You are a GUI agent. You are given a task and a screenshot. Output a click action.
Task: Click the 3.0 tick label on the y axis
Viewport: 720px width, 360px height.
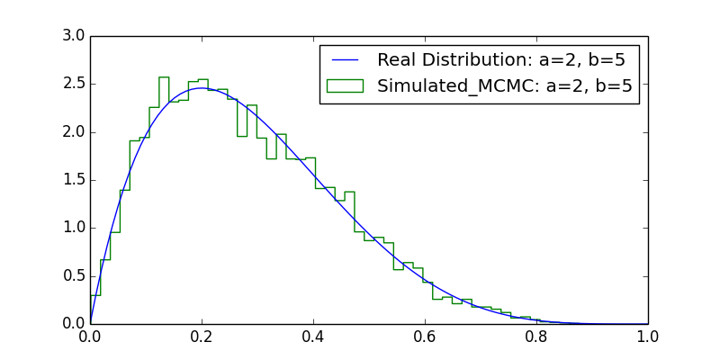(73, 36)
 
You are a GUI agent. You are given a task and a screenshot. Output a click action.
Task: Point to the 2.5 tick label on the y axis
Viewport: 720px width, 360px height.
(73, 84)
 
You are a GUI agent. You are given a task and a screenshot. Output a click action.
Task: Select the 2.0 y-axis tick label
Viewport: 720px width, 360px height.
(73, 132)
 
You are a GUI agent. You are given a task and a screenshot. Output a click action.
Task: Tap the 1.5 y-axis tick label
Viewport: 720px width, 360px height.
(73, 180)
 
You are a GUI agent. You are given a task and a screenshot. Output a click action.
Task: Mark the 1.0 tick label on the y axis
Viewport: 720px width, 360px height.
(73, 228)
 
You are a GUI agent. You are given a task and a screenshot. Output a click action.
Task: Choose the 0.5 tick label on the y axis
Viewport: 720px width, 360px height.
(73, 275)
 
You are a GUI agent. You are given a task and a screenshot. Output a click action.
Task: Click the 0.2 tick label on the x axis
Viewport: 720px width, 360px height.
(202, 337)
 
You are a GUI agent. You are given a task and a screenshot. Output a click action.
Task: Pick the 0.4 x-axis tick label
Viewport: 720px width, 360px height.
(313, 337)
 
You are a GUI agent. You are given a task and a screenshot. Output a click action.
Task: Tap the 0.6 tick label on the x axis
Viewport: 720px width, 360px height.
(425, 337)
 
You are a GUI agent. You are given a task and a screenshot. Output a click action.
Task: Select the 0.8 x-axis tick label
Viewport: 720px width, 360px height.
(536, 337)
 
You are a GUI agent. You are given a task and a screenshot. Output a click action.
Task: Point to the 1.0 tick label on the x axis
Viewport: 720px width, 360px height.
(648, 337)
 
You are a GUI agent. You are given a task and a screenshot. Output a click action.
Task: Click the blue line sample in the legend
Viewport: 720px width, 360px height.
(345, 61)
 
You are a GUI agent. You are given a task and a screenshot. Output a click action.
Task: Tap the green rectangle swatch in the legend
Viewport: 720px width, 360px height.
(345, 85)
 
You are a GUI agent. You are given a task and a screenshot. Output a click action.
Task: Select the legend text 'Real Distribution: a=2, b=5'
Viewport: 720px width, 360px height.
(501, 61)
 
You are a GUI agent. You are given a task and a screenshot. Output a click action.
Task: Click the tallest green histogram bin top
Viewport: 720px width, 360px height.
(164, 77)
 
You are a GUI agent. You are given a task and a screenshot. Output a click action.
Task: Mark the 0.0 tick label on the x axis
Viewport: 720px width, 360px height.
(90, 337)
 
